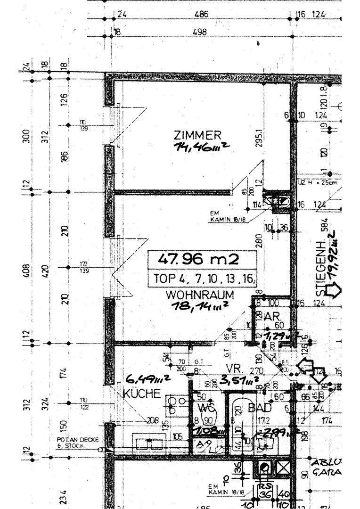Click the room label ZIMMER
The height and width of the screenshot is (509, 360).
click(196, 135)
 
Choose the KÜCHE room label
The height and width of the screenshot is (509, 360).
click(142, 394)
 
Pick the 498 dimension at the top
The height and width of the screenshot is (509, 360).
click(201, 32)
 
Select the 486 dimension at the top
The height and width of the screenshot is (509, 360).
click(201, 14)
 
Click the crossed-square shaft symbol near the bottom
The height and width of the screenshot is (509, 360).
click(284, 468)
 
